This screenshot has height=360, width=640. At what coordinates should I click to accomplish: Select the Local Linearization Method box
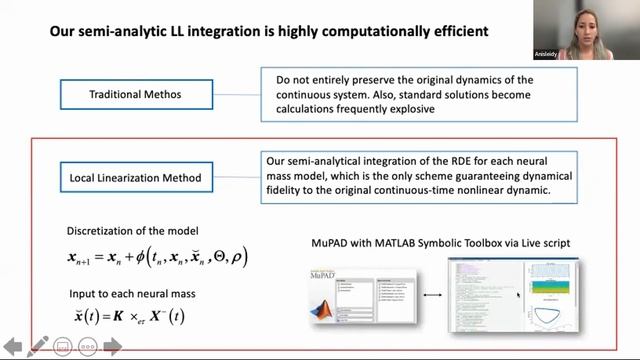(x=135, y=179)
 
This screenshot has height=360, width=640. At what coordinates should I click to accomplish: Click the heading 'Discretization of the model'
(x=132, y=230)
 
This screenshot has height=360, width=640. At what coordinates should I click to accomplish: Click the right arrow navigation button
(x=112, y=347)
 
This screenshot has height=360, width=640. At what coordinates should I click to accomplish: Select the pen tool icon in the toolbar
(x=37, y=347)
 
